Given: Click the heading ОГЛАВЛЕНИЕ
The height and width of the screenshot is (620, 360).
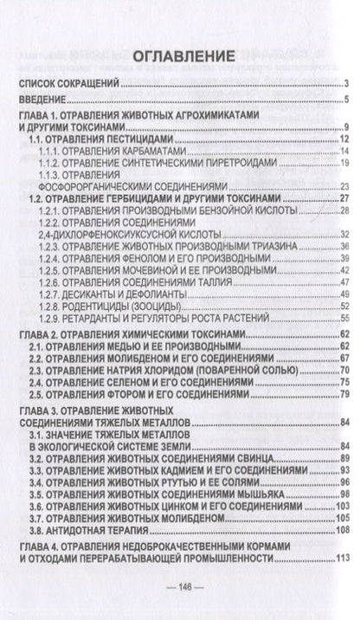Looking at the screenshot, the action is click(x=180, y=57).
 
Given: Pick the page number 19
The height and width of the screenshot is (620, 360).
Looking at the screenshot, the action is click(x=343, y=162).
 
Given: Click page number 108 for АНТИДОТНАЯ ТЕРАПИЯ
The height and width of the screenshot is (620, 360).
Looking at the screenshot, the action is click(x=341, y=528).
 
